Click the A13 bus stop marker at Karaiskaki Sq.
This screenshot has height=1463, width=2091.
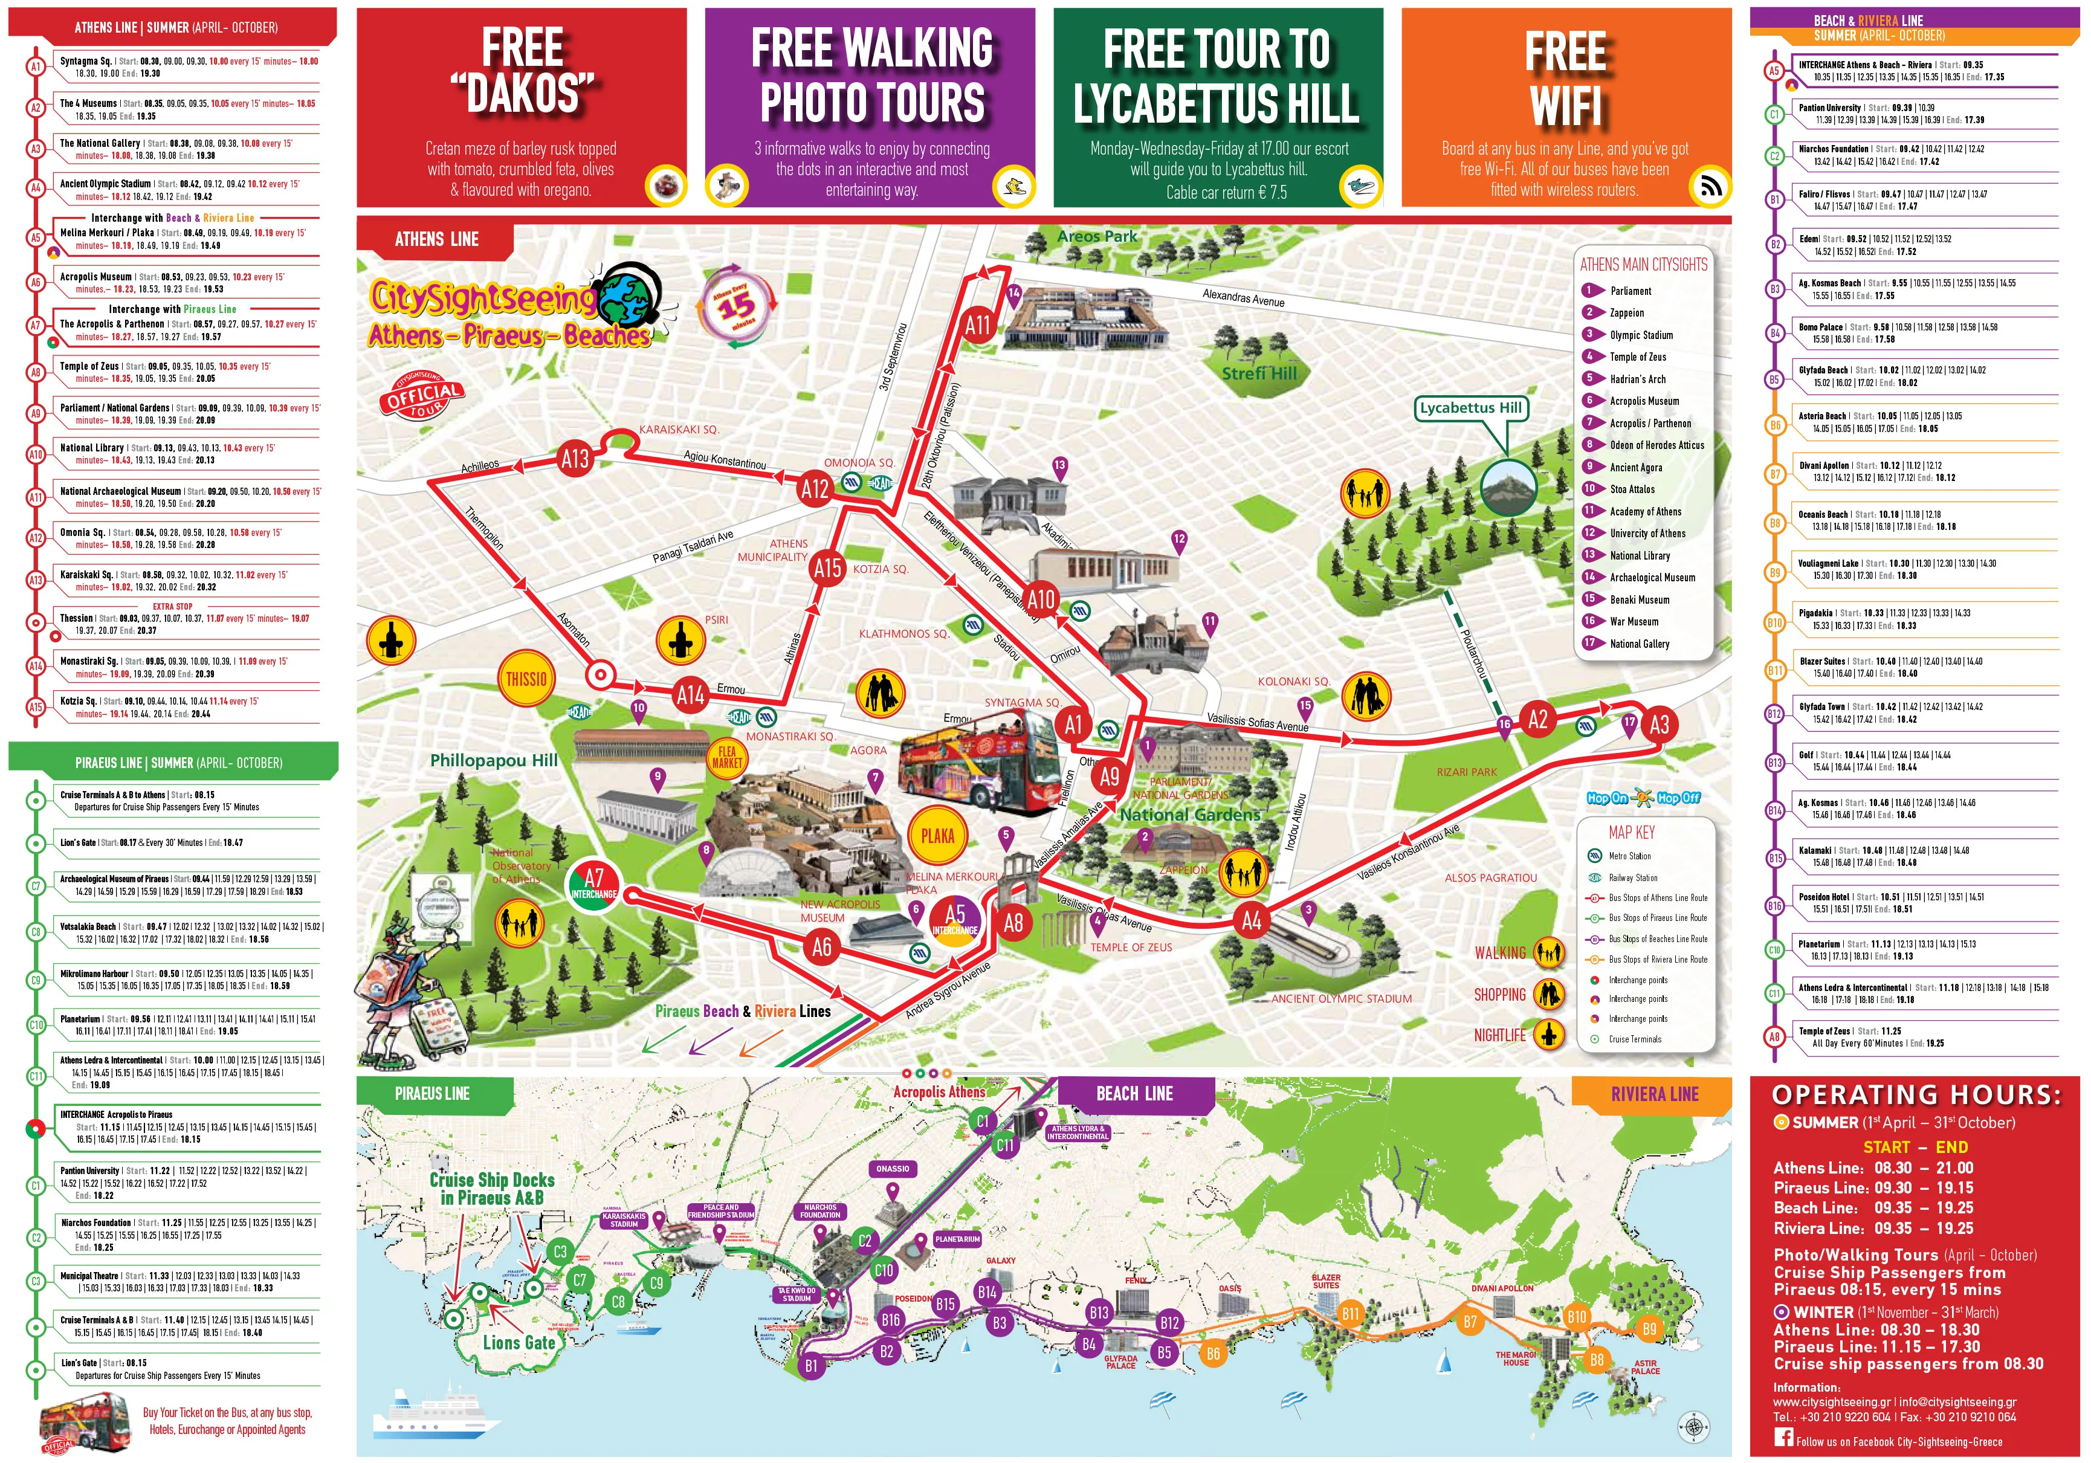coord(575,459)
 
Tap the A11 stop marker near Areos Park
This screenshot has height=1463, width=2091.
coord(977,325)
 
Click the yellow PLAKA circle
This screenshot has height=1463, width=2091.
coord(937,835)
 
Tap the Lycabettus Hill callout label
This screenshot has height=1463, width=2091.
coord(1471,408)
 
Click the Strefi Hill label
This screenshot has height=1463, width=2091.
coord(1259,373)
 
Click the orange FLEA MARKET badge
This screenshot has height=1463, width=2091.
coord(727,757)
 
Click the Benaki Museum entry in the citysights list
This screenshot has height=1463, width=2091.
coord(1640,599)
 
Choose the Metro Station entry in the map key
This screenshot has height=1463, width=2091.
coord(1629,856)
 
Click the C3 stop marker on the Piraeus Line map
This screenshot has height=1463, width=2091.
coord(560,1251)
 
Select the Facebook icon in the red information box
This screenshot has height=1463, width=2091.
coord(1783,1438)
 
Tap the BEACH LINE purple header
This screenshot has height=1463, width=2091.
coord(1135,1093)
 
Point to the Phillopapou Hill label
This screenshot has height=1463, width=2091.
coord(494,760)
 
